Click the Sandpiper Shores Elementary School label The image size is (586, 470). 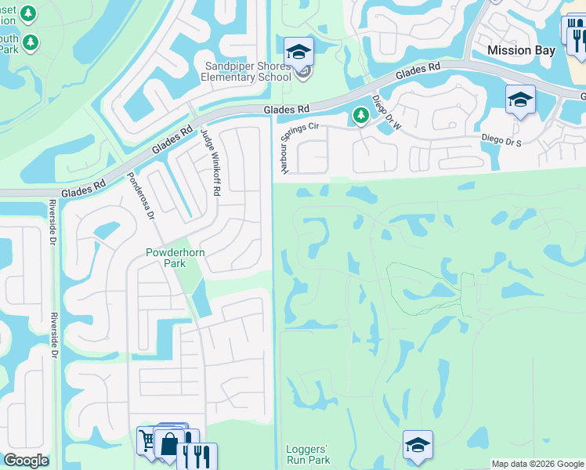point(248,71)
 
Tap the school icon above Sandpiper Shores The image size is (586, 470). point(298,52)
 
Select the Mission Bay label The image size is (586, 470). point(521,50)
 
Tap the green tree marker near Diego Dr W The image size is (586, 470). point(360,116)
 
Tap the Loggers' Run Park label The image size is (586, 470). point(309,455)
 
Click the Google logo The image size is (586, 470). point(26,461)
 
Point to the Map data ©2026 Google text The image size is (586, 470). point(537,464)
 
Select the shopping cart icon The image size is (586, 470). point(147,439)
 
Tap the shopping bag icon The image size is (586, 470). point(169,443)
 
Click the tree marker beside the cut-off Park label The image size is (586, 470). point(31,42)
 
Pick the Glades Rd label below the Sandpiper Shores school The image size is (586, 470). point(287,109)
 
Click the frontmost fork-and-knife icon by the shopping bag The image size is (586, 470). point(197,456)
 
